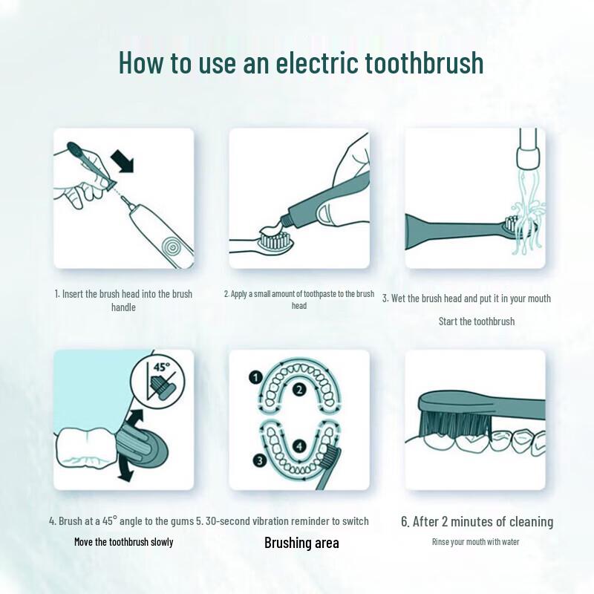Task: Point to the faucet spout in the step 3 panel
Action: [528, 149]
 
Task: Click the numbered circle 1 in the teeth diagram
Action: [254, 378]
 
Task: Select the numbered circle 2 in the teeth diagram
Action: [298, 390]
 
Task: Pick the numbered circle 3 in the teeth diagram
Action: [258, 460]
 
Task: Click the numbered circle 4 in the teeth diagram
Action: [298, 446]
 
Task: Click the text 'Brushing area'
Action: [301, 543]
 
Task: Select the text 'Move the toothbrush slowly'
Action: [123, 542]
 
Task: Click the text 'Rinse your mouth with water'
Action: [475, 542]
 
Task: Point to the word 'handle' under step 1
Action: [123, 307]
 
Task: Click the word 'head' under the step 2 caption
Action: [299, 306]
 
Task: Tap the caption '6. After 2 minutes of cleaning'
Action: [477, 522]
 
